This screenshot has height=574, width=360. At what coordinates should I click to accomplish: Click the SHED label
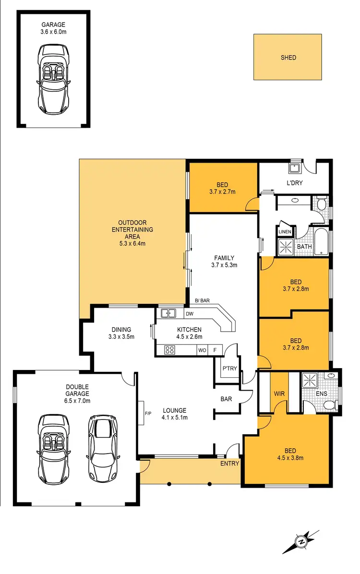click(x=288, y=58)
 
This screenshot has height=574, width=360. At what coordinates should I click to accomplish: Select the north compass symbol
click(x=301, y=542)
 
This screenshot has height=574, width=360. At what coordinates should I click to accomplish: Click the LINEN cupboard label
click(x=285, y=232)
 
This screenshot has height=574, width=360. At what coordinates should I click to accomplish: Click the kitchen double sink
click(x=168, y=313)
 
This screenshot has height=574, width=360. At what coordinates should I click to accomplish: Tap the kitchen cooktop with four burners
click(x=169, y=350)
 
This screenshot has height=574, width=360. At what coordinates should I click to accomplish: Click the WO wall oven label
click(x=202, y=350)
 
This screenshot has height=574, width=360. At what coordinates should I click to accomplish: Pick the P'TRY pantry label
click(x=227, y=369)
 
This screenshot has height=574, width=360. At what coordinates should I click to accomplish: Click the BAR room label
click(x=227, y=398)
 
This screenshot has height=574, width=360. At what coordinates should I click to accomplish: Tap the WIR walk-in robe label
click(x=279, y=393)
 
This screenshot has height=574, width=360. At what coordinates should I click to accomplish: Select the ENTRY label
click(x=229, y=464)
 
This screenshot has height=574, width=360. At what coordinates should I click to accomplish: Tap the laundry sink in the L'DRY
click(x=294, y=168)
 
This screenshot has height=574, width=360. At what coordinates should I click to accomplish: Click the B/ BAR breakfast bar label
click(x=202, y=301)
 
